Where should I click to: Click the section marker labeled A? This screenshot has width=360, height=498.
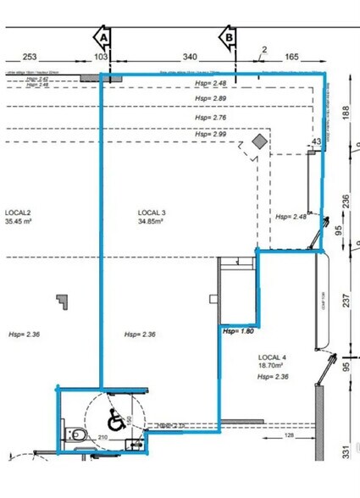[x=102, y=38]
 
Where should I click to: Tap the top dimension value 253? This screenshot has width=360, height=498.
[x=30, y=57]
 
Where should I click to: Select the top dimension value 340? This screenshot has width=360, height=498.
[x=190, y=57]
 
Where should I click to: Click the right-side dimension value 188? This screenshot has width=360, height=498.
[x=346, y=113]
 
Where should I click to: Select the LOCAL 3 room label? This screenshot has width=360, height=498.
[x=152, y=212]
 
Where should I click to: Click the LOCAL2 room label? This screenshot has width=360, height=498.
[x=18, y=212]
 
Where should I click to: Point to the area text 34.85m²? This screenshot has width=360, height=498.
[x=152, y=222]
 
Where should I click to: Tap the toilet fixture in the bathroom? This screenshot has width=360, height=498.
[x=76, y=434]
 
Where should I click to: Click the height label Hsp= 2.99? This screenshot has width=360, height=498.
[x=210, y=134]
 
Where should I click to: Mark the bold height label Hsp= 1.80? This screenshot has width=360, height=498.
[x=239, y=331]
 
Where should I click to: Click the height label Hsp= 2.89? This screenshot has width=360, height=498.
[x=210, y=100]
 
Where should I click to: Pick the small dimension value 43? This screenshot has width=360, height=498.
[x=317, y=141]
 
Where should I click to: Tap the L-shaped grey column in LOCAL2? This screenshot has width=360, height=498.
[x=60, y=302]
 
